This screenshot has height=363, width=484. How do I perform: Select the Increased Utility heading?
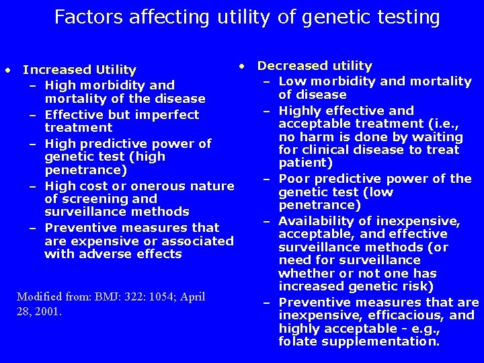(79, 70)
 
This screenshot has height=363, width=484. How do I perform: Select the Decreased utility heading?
(315, 66)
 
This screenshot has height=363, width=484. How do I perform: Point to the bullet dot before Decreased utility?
(242, 66)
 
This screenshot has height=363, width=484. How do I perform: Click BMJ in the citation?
(110, 296)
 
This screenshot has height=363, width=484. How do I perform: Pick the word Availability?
(319, 221)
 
